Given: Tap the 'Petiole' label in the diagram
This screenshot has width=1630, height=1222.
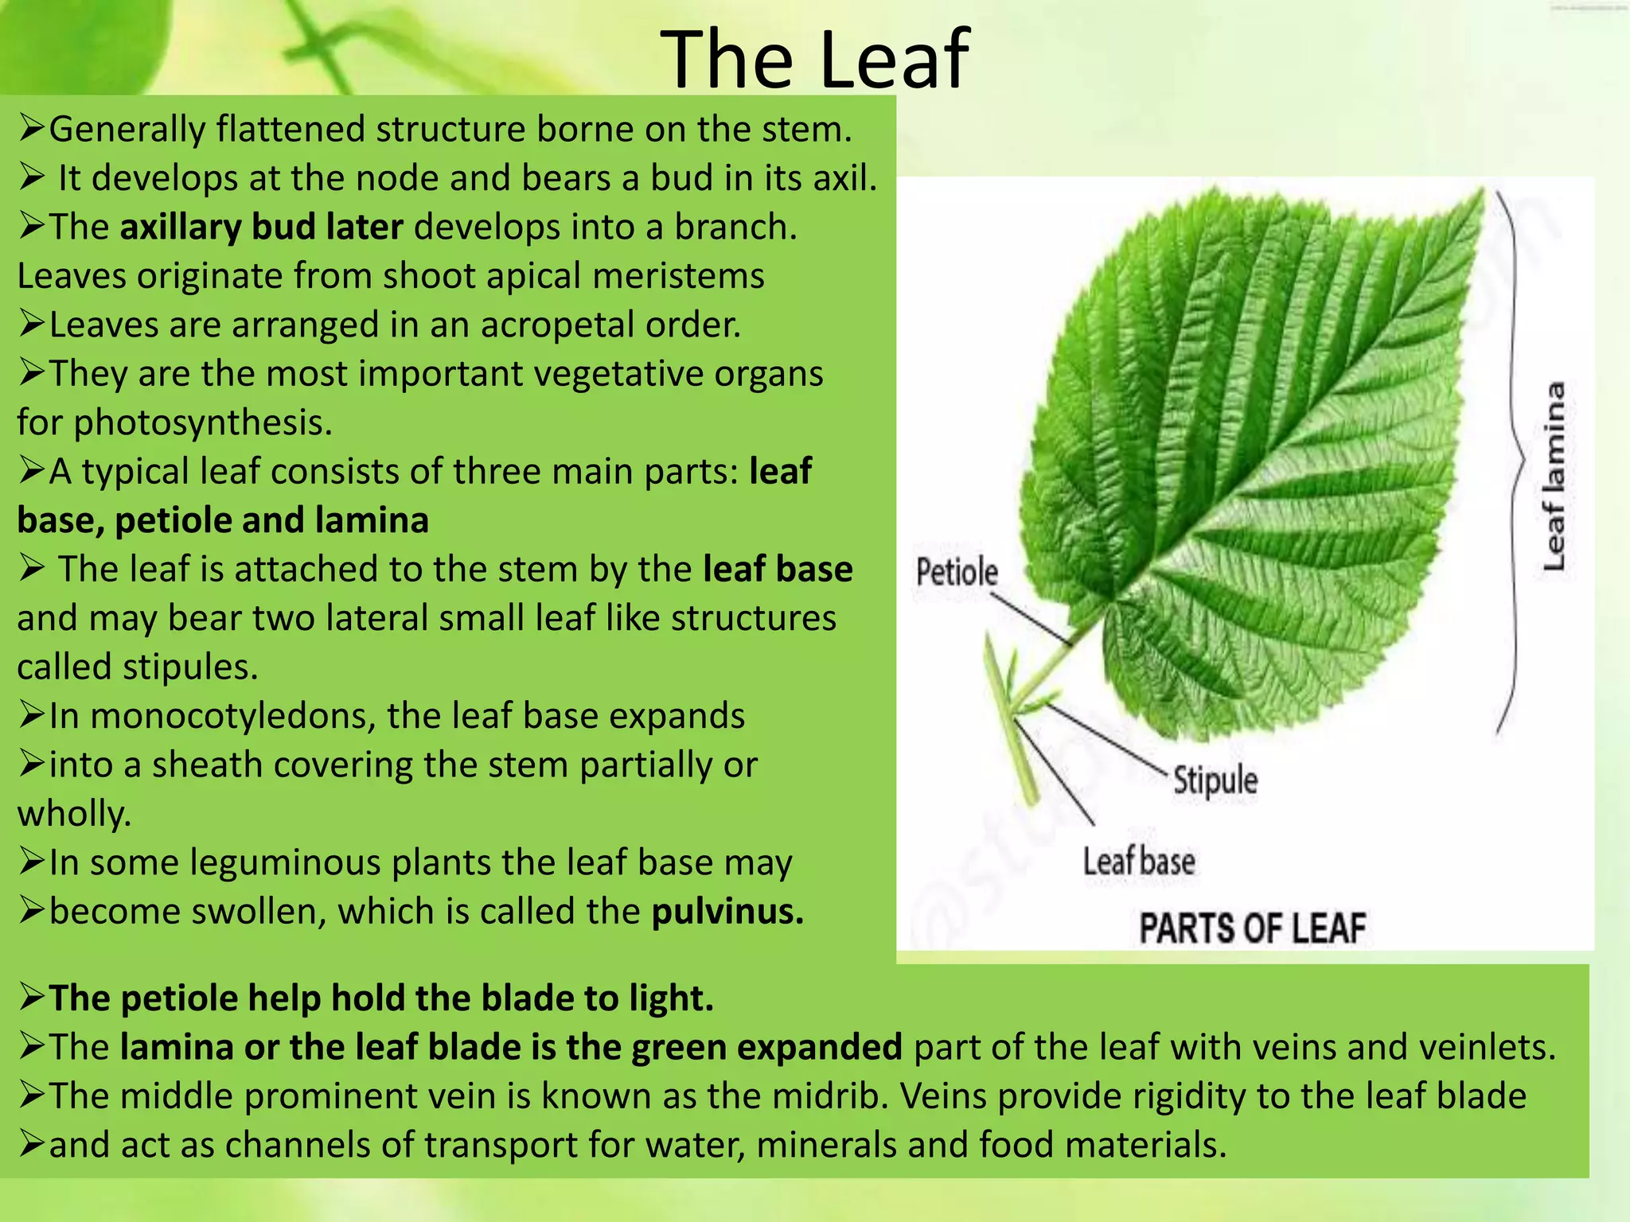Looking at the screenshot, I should (956, 572).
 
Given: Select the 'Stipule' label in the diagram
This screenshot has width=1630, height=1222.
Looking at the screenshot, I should (1215, 780).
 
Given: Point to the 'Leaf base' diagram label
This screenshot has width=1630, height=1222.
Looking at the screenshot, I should (1138, 862).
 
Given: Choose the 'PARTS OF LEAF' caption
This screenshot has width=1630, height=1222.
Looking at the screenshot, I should (1252, 928).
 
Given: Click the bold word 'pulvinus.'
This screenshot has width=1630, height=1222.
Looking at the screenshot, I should (727, 912).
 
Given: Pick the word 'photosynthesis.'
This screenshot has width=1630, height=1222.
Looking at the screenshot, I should (203, 422).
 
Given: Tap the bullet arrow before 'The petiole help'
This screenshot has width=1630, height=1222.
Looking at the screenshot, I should (32, 998).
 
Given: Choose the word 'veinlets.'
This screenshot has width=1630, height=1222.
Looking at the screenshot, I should (1488, 1047).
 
